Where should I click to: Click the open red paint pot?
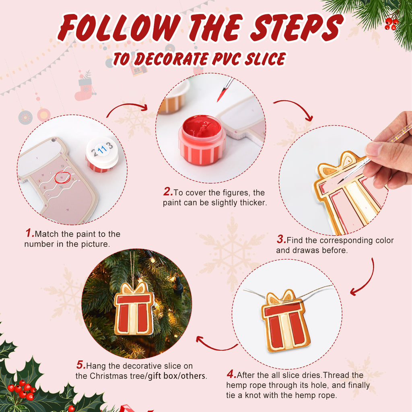point(202,139)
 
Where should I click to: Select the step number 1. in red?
point(29,233)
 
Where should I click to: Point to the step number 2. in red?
point(168,192)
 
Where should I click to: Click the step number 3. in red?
point(281,240)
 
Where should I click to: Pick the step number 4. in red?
point(231,375)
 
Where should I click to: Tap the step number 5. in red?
point(81,366)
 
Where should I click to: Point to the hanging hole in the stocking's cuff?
point(54,141)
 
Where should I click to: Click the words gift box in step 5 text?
point(162,376)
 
